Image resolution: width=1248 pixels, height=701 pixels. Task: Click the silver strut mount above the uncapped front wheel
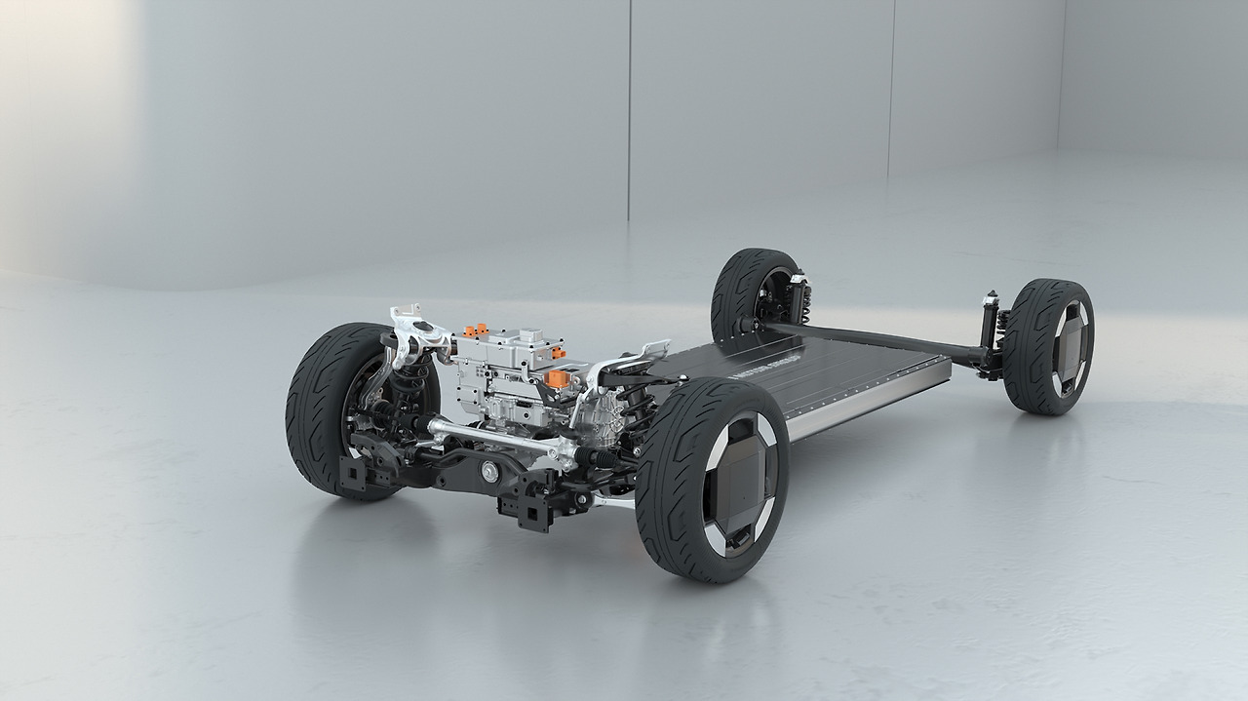pyautogui.click(x=409, y=322)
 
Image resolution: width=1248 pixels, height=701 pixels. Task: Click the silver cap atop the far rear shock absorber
pyautogui.click(x=991, y=294)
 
